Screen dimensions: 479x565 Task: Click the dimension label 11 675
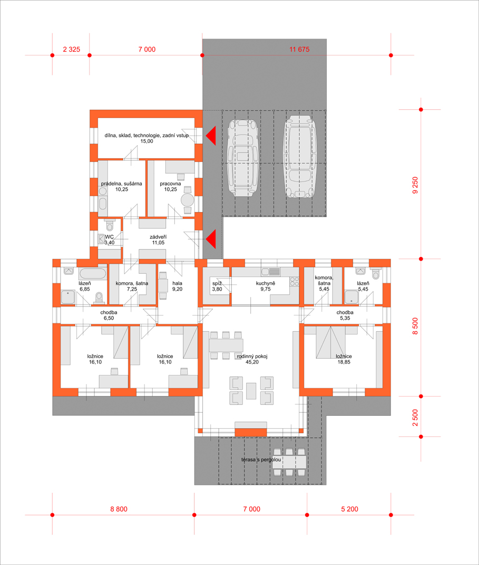299,50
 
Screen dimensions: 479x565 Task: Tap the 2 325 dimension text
72,50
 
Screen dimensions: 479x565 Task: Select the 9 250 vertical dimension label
415,185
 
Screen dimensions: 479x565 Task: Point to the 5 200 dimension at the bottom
350,509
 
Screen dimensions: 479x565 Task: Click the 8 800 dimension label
119,509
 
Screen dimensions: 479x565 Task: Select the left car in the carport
243,158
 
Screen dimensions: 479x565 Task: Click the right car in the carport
300,157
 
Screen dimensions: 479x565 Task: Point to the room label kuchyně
266,283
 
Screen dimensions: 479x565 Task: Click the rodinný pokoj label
252,357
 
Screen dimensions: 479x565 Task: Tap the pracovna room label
170,184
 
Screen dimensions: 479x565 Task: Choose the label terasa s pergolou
261,460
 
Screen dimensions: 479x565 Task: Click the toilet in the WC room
110,225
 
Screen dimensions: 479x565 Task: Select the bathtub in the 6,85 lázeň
93,273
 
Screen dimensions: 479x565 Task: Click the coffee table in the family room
251,391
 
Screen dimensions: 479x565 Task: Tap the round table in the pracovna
188,200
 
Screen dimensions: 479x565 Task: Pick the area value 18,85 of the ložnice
344,362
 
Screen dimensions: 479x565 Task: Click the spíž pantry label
217,283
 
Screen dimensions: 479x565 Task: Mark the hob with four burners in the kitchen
295,281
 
